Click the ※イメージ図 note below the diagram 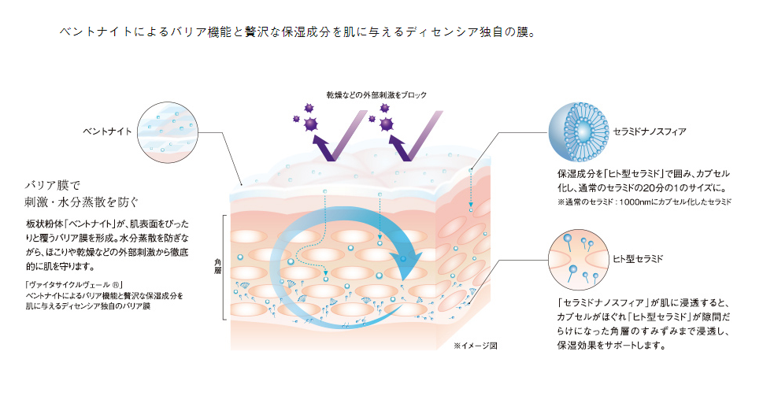click(x=476, y=346)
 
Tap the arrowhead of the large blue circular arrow click(x=409, y=264)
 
